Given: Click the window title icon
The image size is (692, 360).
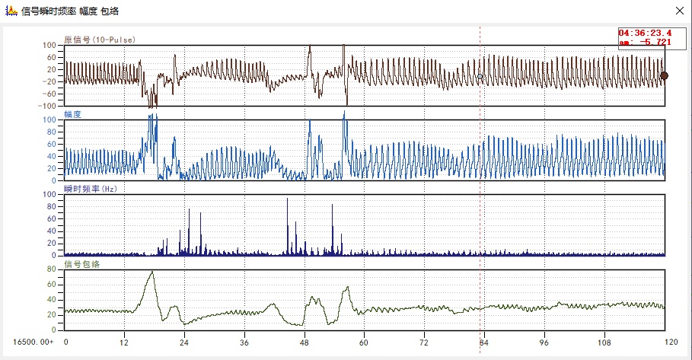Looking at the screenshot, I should (x=11, y=11).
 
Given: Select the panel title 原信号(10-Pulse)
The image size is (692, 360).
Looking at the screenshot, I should (x=100, y=39).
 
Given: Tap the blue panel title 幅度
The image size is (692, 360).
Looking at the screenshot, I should (x=73, y=113).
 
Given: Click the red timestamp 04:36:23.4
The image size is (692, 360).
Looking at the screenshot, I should (x=645, y=33).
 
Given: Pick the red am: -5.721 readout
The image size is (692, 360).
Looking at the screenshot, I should (x=645, y=42).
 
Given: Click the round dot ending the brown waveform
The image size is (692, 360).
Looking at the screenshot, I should (x=664, y=75).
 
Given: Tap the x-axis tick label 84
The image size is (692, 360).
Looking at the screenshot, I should (x=483, y=342).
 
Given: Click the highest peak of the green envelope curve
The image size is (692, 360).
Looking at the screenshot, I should (x=152, y=272).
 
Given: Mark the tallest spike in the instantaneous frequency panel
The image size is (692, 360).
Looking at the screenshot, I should (x=287, y=199).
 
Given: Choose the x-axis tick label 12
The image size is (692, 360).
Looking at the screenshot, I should (x=125, y=342).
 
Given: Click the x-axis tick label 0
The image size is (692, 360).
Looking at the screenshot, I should (x=65, y=342).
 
